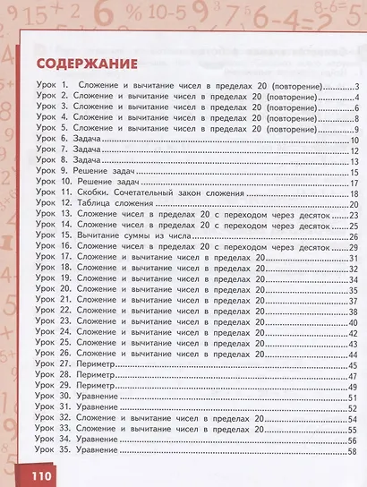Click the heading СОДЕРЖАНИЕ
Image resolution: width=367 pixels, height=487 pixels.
(x=88, y=64)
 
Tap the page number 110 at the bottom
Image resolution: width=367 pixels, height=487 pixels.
(x=35, y=474)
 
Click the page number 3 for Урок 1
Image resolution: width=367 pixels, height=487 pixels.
(x=355, y=87)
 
